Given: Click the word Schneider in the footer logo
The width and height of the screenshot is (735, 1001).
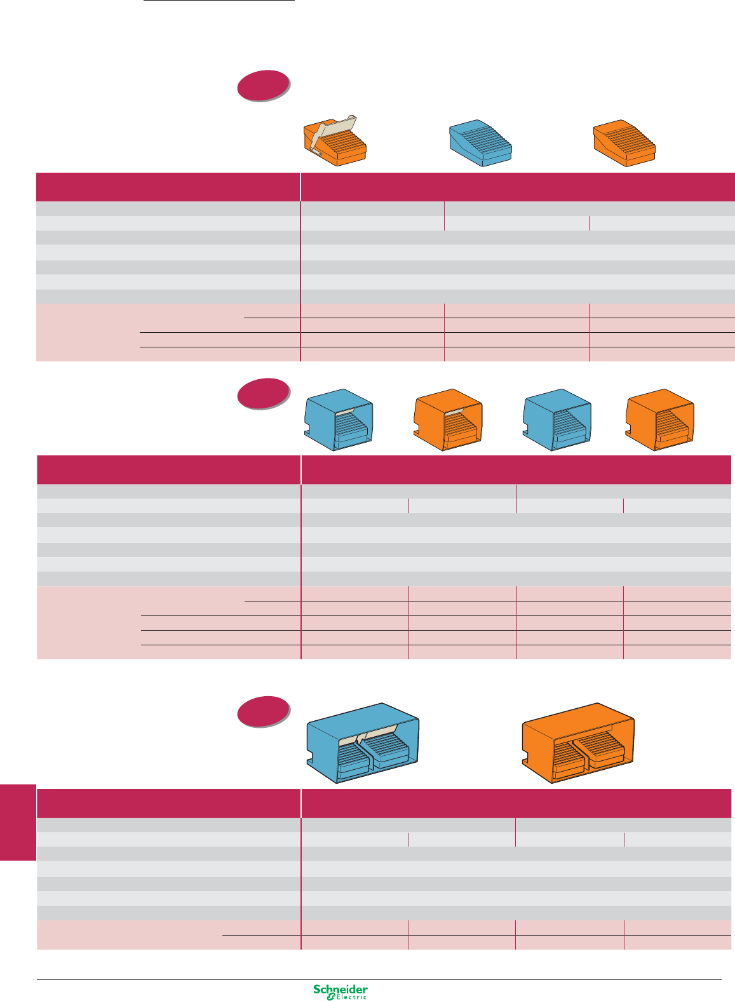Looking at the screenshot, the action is point(341,990).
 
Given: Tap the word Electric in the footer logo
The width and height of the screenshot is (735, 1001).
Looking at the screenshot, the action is point(351,997).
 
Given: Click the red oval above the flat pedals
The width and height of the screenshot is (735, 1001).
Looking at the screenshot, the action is point(264,85).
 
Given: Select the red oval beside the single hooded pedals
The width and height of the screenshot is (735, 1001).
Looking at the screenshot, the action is point(264,394).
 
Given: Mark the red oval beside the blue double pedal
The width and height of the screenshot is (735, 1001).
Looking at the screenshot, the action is point(264,711).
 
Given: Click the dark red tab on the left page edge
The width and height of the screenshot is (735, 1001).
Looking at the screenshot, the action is point(18,822).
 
